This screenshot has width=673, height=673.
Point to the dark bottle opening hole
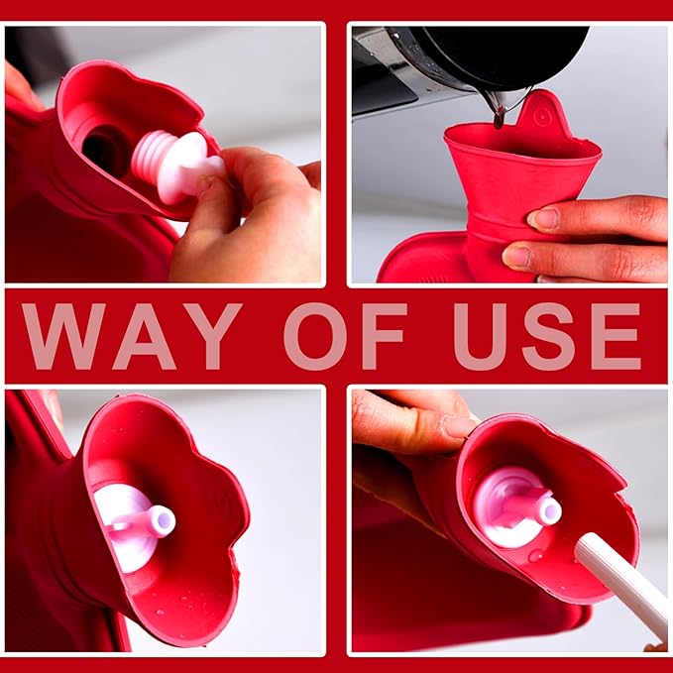101,149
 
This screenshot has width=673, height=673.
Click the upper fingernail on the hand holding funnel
544,218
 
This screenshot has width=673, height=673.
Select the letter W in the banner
62,336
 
